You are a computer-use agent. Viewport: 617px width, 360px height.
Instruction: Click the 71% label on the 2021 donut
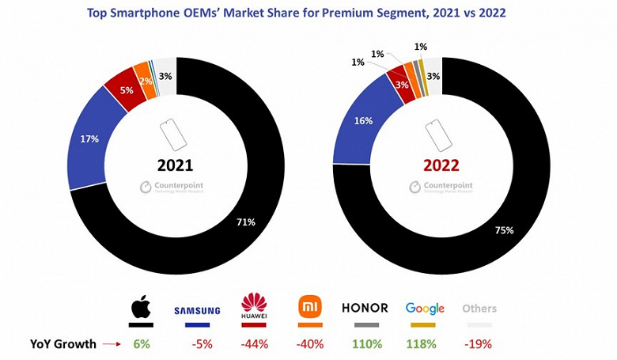[x=245, y=222]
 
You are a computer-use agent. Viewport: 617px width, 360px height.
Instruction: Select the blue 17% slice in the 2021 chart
[x=89, y=139]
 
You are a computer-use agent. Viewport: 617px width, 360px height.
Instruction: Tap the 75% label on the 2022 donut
[x=505, y=230]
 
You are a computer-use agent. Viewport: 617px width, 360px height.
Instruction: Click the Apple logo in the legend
[x=141, y=307]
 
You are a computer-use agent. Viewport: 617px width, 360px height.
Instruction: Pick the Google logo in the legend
[x=424, y=309]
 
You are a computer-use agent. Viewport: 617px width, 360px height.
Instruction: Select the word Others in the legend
[x=479, y=309]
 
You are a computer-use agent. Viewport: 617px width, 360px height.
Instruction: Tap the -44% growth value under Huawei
[x=254, y=344]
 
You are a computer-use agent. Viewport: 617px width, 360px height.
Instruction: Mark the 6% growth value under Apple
[x=141, y=344]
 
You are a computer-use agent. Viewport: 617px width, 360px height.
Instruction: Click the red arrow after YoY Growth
[x=111, y=344]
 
